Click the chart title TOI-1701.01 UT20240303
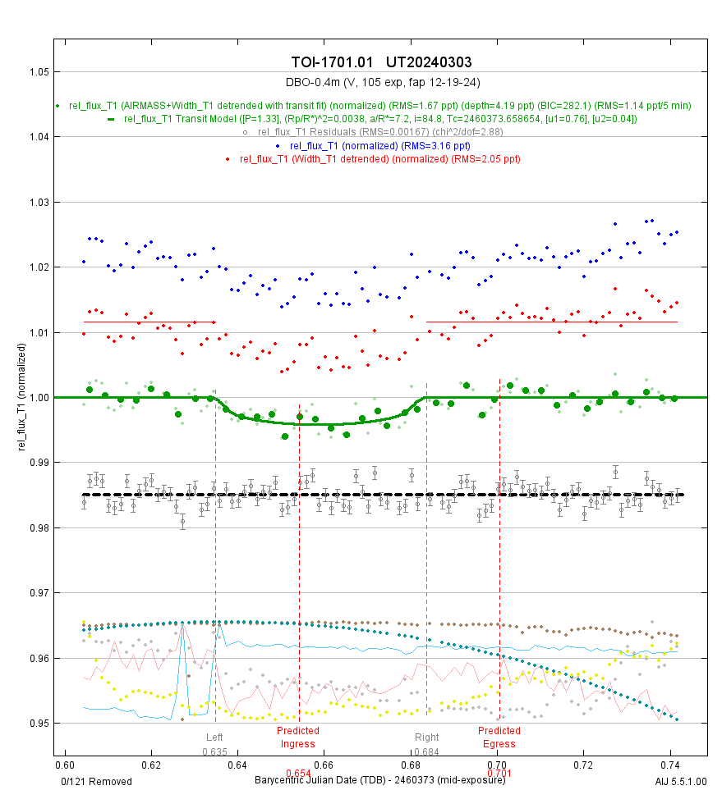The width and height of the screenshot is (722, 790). coord(381,63)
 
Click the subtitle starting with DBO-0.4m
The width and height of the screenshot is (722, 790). coord(381,82)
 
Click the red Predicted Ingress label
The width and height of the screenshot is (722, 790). coord(297,737)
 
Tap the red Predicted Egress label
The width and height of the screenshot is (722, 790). coord(499,737)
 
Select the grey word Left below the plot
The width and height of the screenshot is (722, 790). coord(214,737)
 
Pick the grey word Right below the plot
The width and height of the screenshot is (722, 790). coord(426,737)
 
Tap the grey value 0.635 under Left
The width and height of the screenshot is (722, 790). coord(215,751)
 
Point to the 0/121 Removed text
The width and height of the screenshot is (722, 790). coord(96,781)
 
